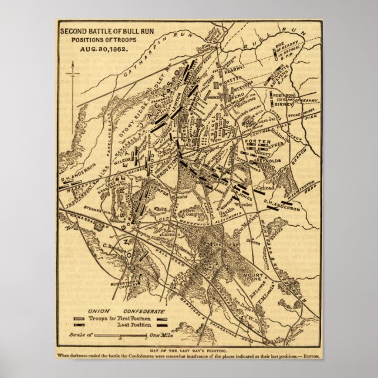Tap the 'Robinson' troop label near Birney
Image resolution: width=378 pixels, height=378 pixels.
coord(283,94)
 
